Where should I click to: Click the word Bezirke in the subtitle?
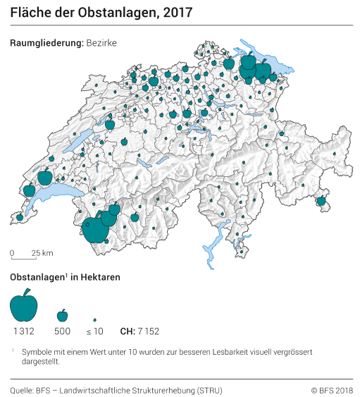coord(101,43)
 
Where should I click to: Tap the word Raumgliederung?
coord(46,43)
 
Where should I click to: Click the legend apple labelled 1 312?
coord(24,305)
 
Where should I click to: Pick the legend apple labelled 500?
coord(62,314)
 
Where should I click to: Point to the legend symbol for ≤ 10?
coord(94,319)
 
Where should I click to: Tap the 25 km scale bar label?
coord(42,252)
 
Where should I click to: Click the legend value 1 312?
coord(24,331)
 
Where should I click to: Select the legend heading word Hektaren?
coord(100,277)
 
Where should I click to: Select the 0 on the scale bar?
coord(12,252)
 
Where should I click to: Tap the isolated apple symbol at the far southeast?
coord(321,201)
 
